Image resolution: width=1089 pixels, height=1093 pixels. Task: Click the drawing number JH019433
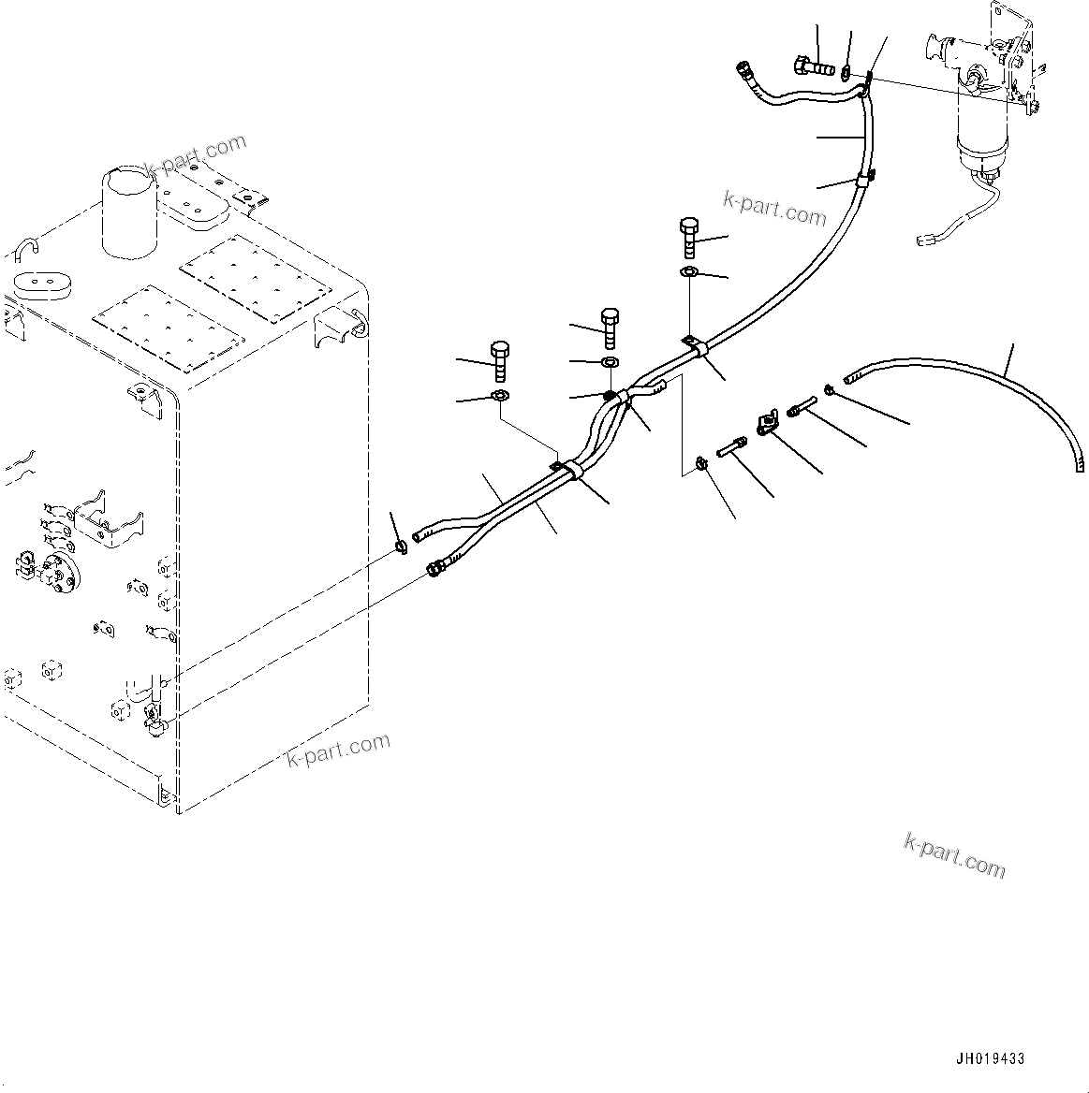coord(990,1058)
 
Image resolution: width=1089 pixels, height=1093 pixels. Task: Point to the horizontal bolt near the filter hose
coord(812,67)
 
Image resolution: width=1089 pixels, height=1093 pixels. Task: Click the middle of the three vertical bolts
coord(609,326)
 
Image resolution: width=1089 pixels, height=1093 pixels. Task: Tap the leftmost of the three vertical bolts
coord(499,360)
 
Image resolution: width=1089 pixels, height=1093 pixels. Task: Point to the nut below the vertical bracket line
coord(700,463)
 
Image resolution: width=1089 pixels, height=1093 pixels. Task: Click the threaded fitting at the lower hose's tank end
coord(435,567)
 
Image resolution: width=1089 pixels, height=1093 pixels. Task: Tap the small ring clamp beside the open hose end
coord(402,546)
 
